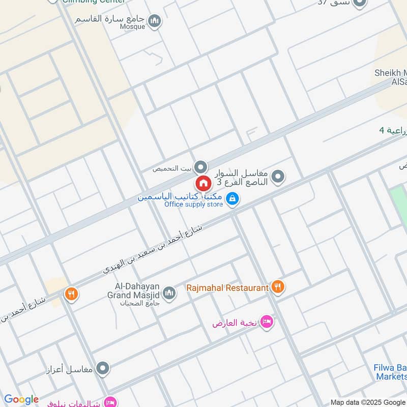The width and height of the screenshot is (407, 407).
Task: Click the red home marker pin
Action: tap(202, 183)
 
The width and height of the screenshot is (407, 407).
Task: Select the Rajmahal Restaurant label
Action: tap(227, 288)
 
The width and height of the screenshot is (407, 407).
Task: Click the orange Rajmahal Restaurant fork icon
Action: tap(277, 287)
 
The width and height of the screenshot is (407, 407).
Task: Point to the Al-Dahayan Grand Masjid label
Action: tap(134, 291)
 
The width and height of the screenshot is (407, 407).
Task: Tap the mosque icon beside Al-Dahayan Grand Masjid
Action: tap(169, 293)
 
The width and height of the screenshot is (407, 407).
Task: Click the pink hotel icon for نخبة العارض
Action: tap(266, 322)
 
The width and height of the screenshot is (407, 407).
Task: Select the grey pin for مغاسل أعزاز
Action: tap(103, 367)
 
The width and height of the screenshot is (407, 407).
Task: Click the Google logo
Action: tap(21, 399)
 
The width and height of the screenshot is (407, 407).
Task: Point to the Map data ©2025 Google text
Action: tap(368, 402)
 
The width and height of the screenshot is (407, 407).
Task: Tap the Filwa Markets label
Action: tap(391, 372)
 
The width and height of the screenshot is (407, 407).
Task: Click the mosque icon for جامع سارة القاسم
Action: tap(155, 21)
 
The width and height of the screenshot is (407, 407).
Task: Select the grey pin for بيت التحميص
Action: tap(201, 167)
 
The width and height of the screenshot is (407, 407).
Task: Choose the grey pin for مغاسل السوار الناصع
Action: tap(278, 177)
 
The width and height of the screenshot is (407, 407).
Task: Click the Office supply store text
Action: tap(193, 205)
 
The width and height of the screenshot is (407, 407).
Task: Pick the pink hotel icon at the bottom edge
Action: tap(109, 402)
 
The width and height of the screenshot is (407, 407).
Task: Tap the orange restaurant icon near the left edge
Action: tap(71, 294)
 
